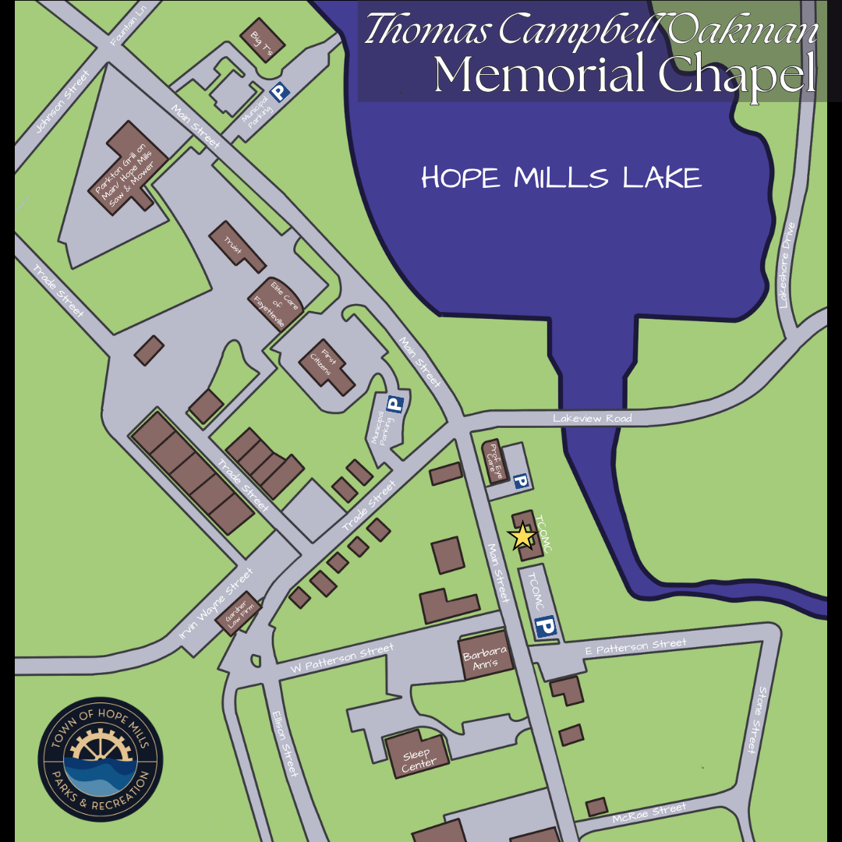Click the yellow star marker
point(522,536)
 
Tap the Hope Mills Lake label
point(561,179)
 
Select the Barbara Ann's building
point(486,658)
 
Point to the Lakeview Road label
point(593,419)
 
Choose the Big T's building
point(263,39)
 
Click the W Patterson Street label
point(341,660)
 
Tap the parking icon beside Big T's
point(280,94)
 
